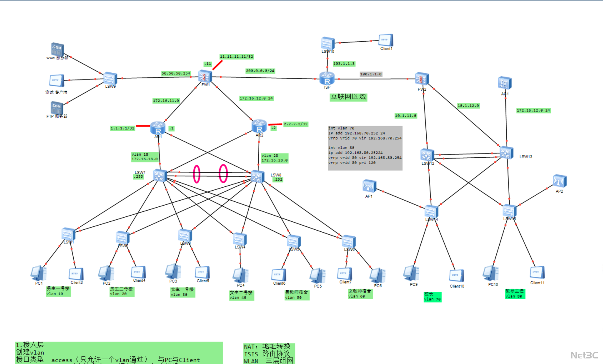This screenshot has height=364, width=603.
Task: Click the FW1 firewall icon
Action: coord(205,76)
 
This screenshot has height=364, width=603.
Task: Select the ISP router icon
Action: coord(327,78)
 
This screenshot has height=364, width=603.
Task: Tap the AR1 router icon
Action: coord(158,128)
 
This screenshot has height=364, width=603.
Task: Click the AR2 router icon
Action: coord(259,126)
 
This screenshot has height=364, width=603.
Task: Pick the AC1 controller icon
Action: coord(505,83)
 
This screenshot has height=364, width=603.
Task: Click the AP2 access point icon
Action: coord(560,181)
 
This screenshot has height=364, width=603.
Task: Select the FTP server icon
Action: coord(57,108)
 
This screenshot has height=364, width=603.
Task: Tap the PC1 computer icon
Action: coord(39,273)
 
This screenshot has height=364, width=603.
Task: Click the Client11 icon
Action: coord(537,273)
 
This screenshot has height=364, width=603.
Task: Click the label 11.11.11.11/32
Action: coord(236,57)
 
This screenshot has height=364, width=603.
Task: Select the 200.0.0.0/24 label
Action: coord(260,71)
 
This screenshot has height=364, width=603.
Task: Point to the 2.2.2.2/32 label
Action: coord(296,124)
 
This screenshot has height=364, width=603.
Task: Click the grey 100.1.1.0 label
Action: coord(371,74)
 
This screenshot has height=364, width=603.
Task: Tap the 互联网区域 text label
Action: coord(348,97)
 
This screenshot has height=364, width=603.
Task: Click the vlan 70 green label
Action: coord(432,297)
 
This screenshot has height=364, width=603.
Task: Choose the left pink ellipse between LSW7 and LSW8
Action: coord(196,174)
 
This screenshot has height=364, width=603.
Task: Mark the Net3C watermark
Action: coord(584,355)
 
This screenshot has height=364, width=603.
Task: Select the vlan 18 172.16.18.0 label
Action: coord(144,157)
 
